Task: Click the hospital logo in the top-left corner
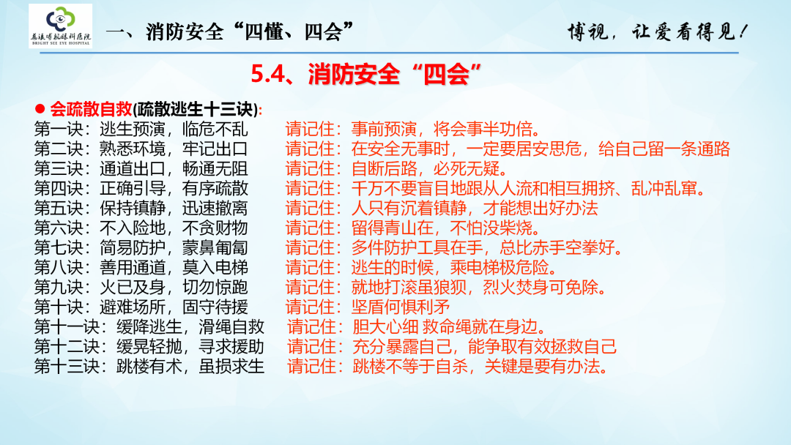(60, 26)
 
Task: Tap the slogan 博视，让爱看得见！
(658, 31)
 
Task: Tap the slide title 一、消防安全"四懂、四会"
(231, 31)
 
